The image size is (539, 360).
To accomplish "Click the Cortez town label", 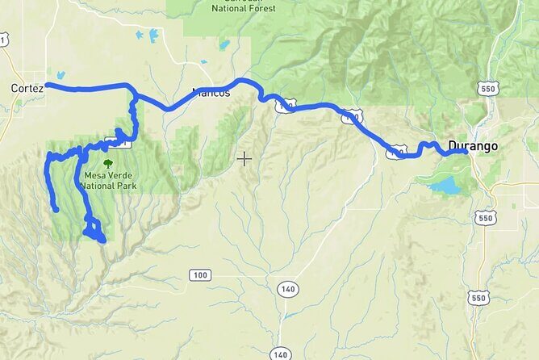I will click(x=27, y=86).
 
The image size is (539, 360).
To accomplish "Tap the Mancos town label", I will click(x=212, y=93).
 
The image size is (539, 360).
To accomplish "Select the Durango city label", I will click(x=475, y=146).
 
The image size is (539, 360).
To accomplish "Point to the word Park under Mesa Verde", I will click(x=124, y=186).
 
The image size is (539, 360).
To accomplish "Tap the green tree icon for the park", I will click(x=107, y=162).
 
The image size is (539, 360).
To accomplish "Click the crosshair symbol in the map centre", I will click(x=244, y=158).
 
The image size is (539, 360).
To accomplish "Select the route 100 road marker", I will click(x=201, y=275).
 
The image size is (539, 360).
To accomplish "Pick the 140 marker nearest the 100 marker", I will click(x=287, y=288).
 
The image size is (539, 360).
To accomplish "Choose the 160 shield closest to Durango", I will click(x=395, y=151).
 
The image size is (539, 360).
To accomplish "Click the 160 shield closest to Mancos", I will click(x=285, y=105).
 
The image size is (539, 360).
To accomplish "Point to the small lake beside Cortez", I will click(x=60, y=75).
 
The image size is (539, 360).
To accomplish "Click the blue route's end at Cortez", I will click(x=48, y=84).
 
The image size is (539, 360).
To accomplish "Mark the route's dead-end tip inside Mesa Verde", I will click(x=56, y=210).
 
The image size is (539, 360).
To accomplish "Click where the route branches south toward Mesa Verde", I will click(x=134, y=96).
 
